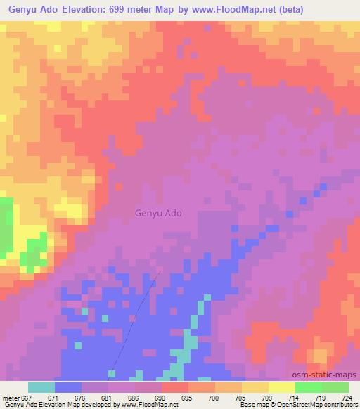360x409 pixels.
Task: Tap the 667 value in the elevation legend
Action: coord(27,397)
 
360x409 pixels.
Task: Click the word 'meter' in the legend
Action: coord(11,397)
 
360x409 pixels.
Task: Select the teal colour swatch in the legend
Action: coord(41,387)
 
